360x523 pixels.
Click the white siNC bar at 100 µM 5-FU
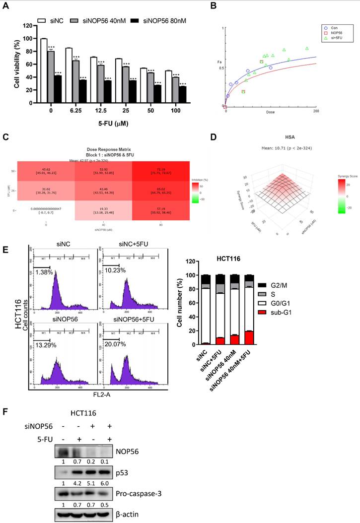pyautogui.click(x=168, y=86)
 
